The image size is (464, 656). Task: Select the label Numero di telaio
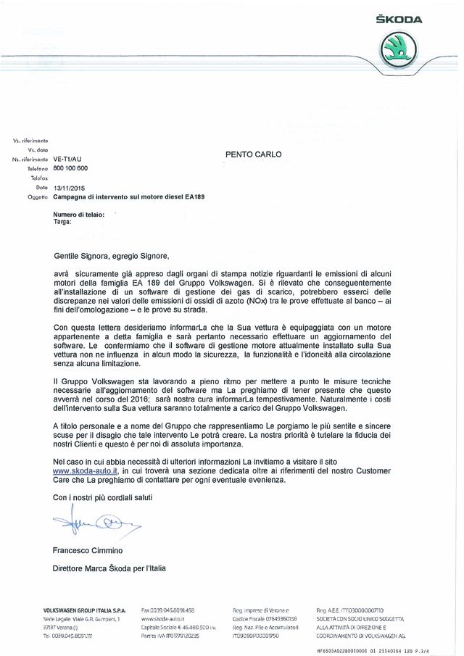pyautogui.click(x=79, y=214)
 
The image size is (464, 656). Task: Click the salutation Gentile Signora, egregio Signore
pyautogui.click(x=115, y=255)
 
